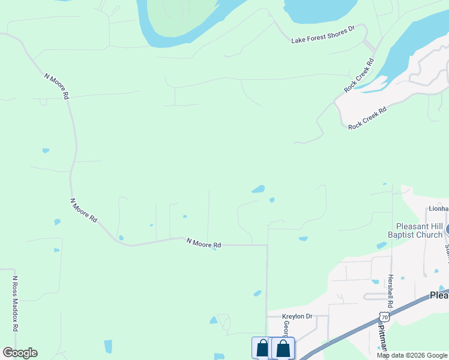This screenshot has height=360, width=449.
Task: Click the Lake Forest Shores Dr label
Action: pyautogui.click(x=323, y=34)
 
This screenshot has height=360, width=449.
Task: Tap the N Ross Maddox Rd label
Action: pyautogui.click(x=15, y=304)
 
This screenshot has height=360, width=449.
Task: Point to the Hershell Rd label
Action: pyautogui.click(x=390, y=287)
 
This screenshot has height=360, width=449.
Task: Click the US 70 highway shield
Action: pyautogui.click(x=385, y=316)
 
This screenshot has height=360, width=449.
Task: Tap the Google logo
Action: pyautogui.click(x=20, y=353)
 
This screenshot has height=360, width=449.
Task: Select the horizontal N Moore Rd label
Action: pyautogui.click(x=203, y=243)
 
